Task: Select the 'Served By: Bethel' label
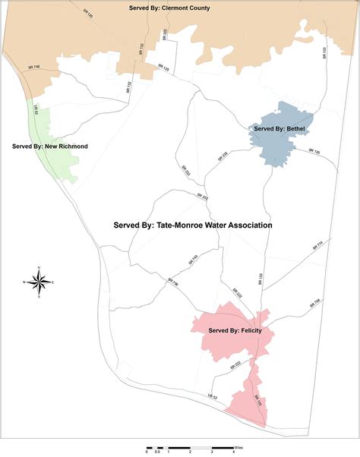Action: pos(279,129)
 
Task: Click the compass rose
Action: pos(43,282)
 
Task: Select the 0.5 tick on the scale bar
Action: pos(157,452)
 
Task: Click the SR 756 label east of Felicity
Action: pos(315,301)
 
